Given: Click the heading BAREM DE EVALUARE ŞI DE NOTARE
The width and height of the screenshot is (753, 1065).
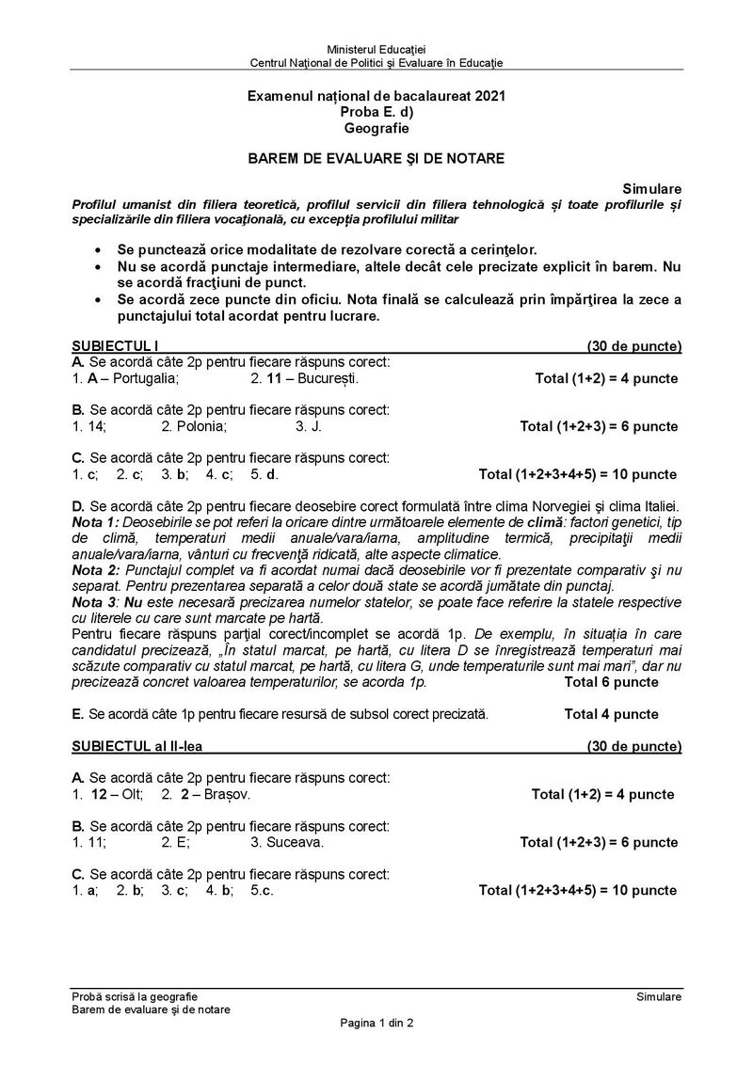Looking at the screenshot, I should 376,159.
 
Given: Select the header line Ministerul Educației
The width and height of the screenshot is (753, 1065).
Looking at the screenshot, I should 376,49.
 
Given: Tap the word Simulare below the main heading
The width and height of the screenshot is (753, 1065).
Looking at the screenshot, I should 658,189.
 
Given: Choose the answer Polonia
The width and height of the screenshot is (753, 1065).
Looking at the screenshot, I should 200,425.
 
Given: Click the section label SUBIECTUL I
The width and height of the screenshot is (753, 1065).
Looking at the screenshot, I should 109,345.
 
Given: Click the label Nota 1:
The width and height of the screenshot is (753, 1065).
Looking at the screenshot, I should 96,521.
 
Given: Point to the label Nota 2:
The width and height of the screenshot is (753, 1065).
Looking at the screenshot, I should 96,570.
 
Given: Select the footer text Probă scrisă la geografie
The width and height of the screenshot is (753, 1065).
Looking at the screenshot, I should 135,996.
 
